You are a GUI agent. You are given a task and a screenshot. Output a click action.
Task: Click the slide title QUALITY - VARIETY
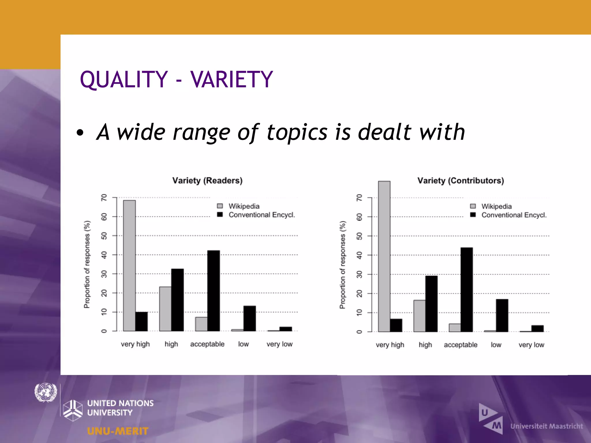coord(176,79)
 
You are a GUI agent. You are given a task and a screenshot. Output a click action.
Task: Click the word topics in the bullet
coord(297,132)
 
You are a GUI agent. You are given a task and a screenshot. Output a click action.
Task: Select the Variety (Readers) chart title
coord(207,181)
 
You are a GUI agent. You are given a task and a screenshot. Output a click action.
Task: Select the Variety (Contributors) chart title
coord(461,181)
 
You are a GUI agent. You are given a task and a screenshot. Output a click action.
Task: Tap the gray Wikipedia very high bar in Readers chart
coord(129,265)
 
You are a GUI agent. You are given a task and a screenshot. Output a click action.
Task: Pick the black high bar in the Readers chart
coord(177,300)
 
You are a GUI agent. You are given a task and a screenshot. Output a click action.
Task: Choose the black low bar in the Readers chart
coord(250,318)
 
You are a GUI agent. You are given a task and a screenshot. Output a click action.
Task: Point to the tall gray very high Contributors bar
coord(384,257)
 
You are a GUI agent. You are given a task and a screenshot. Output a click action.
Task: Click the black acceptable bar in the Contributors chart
coord(467,290)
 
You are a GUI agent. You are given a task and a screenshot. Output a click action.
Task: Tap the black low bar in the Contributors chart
coord(502,316)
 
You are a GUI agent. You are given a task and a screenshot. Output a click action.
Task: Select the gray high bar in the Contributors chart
coord(419,316)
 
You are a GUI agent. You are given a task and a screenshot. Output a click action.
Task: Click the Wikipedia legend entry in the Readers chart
coord(244,206)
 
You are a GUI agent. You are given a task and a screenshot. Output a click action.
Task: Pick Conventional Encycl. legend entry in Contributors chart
coord(514,215)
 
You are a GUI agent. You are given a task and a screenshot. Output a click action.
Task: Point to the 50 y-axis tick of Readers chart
coord(104,236)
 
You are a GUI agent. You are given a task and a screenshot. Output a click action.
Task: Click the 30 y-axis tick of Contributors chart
coord(359,274)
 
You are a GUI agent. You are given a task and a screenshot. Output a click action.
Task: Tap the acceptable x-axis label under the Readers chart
coord(207,344)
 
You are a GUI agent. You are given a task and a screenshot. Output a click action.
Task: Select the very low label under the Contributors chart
coord(531,345)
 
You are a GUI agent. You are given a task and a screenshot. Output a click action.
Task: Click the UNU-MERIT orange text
coord(118,431)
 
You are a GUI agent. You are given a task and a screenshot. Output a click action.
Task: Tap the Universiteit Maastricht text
coord(547,426)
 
